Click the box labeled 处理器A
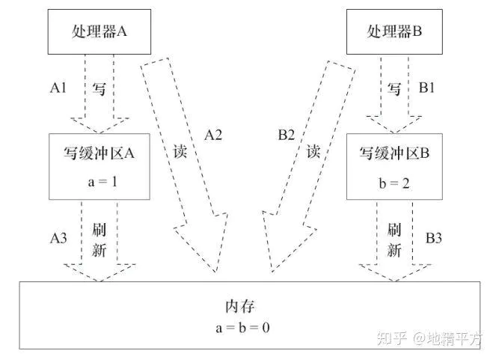[x=99, y=33]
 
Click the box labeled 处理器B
[x=397, y=33]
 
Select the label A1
[x=60, y=88]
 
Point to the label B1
[x=427, y=88]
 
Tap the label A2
[x=215, y=135]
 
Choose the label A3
[x=59, y=237]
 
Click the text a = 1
[x=99, y=182]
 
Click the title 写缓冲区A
[x=99, y=154]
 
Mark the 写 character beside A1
[x=99, y=88]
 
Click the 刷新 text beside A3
[x=99, y=237]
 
